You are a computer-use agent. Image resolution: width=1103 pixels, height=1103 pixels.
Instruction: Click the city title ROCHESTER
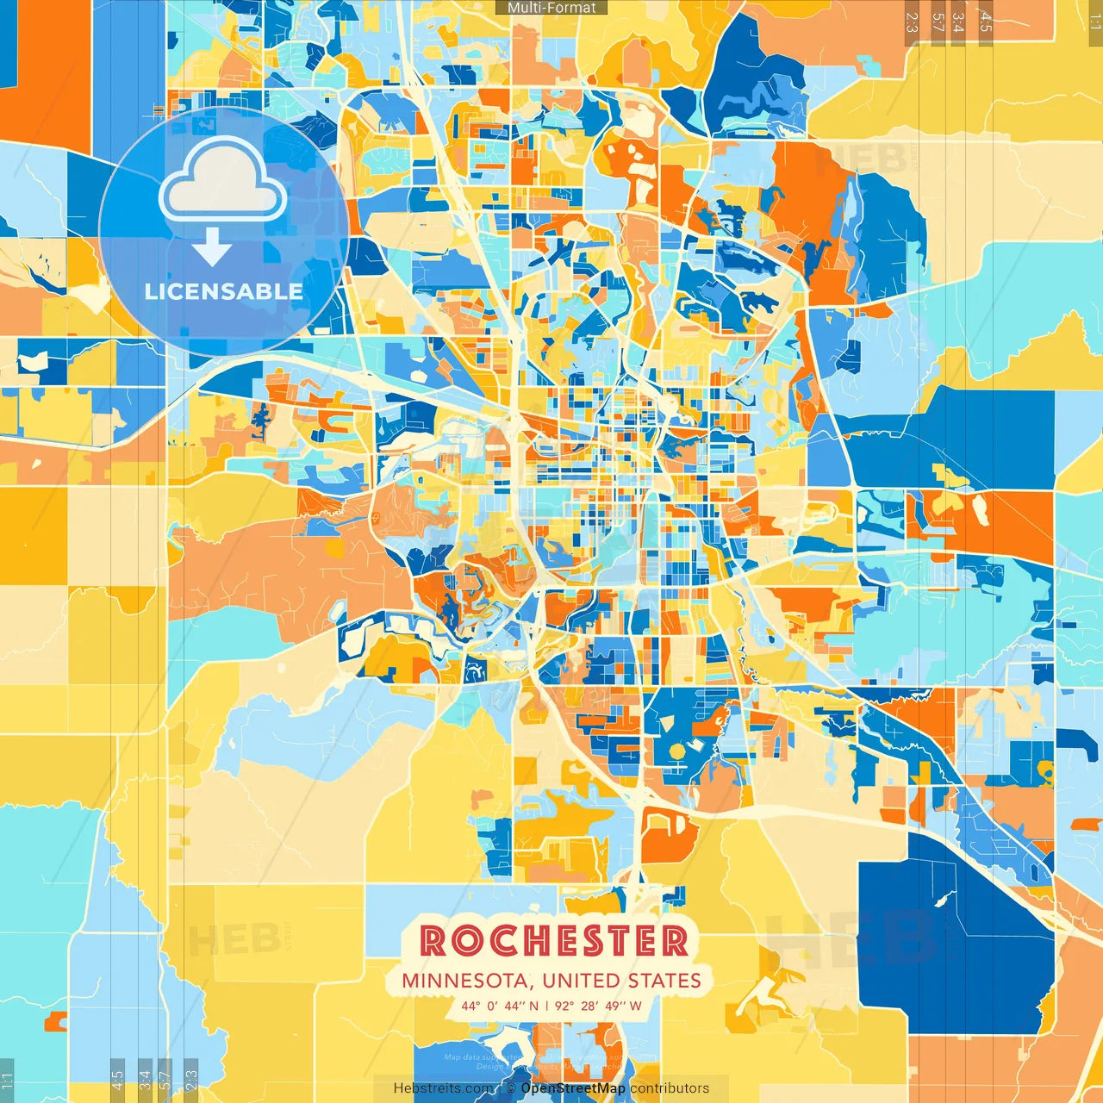554,941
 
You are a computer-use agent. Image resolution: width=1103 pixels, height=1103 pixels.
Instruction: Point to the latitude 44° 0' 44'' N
500,1006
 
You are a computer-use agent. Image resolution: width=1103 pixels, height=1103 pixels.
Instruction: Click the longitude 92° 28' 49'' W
598,1006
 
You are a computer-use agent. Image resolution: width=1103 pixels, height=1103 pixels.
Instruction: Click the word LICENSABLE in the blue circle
223,291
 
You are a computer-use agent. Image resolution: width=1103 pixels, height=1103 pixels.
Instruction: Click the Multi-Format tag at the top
551,8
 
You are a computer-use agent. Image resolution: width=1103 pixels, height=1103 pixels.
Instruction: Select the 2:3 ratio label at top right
912,22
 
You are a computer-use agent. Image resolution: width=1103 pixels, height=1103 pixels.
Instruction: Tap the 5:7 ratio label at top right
938,22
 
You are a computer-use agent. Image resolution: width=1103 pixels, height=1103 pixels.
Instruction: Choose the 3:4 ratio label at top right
958,22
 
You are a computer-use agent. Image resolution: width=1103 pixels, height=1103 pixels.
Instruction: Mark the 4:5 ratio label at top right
986,22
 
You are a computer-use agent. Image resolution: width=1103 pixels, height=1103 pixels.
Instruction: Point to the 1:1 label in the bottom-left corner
8,1079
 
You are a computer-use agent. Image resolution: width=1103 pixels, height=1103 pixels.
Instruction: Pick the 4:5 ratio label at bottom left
117,1079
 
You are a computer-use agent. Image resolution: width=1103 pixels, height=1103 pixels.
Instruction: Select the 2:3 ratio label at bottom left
191,1079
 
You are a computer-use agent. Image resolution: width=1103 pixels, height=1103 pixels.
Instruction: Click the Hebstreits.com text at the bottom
444,1088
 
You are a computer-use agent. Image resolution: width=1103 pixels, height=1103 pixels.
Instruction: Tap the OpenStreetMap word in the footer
573,1088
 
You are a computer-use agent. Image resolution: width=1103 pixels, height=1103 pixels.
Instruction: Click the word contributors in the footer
670,1088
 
